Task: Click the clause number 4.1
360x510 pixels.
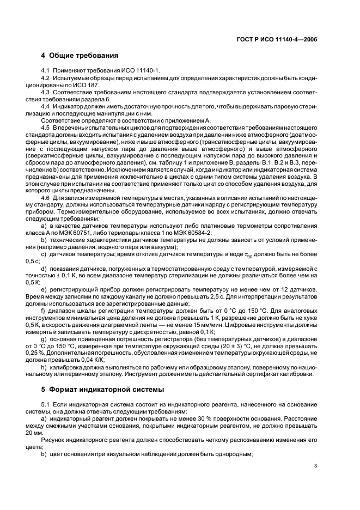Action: [x=46, y=71]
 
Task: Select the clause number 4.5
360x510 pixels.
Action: [x=46, y=127]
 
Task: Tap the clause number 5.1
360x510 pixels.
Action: [x=46, y=405]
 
